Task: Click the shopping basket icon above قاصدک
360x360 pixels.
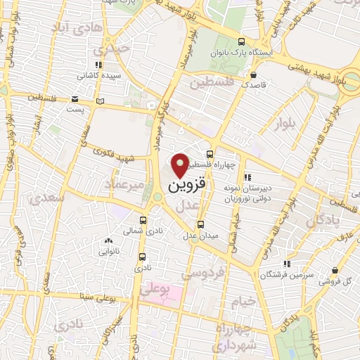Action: coord(252,73)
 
